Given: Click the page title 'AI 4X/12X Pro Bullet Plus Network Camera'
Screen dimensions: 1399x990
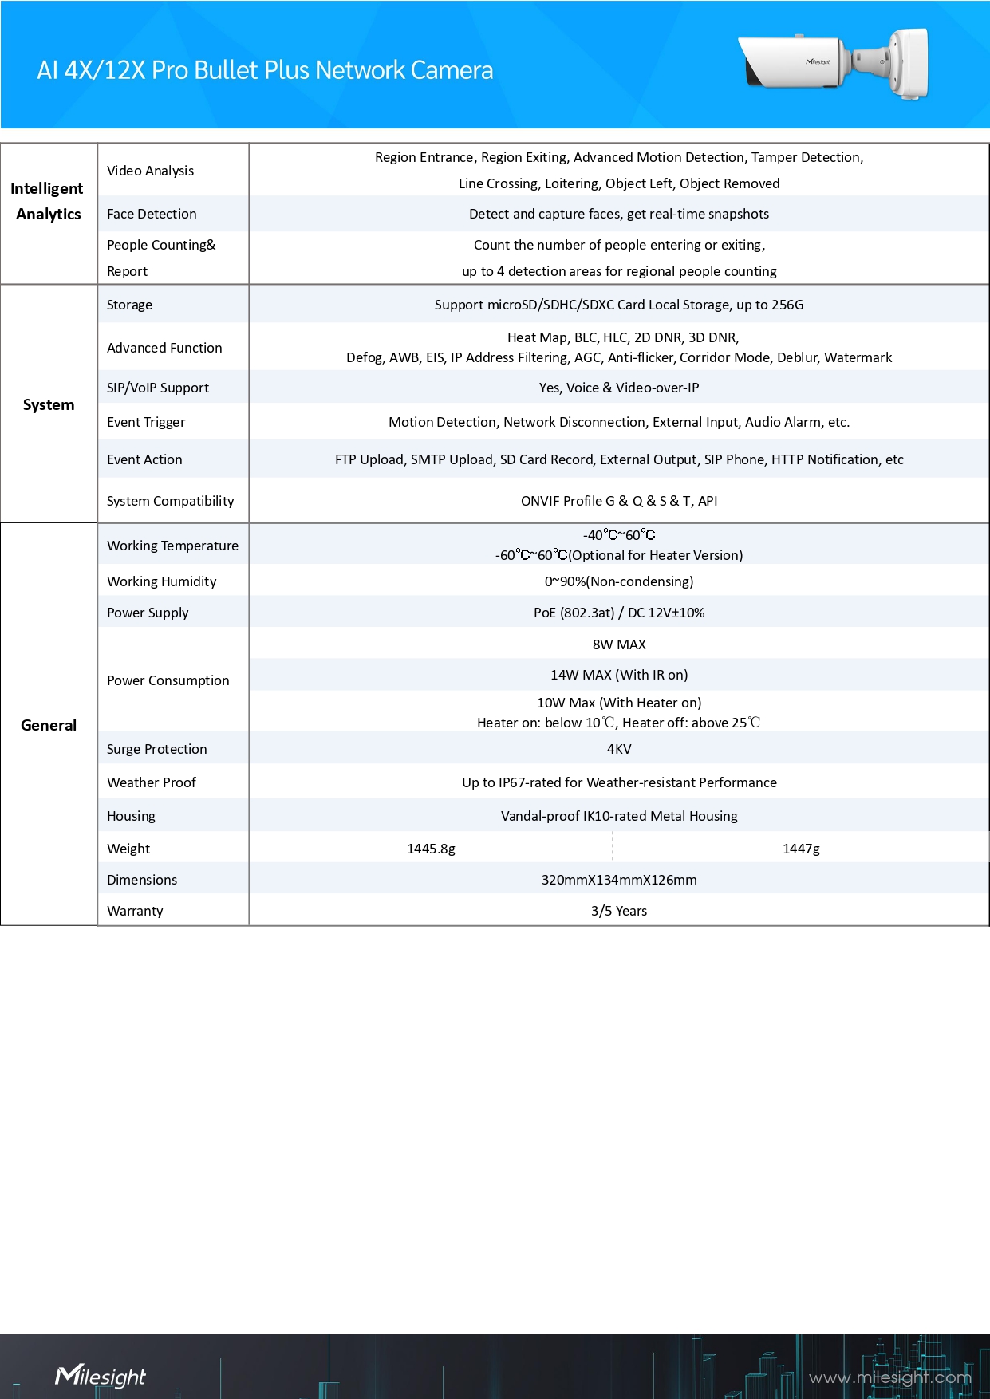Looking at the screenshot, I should pyautogui.click(x=265, y=70).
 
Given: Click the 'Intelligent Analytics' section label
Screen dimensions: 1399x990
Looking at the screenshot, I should pyautogui.click(x=48, y=201).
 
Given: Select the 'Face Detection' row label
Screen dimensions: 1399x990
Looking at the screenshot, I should pyautogui.click(x=152, y=214).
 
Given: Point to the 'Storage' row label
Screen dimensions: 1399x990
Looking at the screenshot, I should pyautogui.click(x=129, y=305).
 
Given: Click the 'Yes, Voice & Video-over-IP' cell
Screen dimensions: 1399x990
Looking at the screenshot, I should pyautogui.click(x=618, y=388).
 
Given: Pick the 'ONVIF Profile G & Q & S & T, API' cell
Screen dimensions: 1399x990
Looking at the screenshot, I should pyautogui.click(x=618, y=501).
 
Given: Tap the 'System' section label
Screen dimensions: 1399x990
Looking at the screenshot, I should pyautogui.click(x=49, y=404).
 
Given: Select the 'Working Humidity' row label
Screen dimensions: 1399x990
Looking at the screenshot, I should pyautogui.click(x=161, y=581).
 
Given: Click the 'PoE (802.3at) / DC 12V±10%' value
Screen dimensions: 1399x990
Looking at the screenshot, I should pyautogui.click(x=618, y=613).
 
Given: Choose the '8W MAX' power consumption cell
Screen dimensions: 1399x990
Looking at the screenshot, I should pyautogui.click(x=618, y=644).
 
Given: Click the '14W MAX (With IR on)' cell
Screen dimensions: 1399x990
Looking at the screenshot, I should pyautogui.click(x=618, y=675).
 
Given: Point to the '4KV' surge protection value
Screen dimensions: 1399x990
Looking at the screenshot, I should pyautogui.click(x=618, y=749).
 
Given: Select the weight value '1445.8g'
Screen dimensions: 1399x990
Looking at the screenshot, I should pyautogui.click(x=431, y=849).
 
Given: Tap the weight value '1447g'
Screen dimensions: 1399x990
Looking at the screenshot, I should pyautogui.click(x=801, y=849).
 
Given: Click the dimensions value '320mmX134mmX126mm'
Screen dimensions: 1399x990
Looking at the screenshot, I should pyautogui.click(x=618, y=880).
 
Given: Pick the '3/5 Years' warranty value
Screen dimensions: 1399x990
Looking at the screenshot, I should pyautogui.click(x=618, y=911).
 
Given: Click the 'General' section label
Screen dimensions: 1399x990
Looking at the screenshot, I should pyautogui.click(x=49, y=725).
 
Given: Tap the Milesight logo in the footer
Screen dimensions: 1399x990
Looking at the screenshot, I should pyautogui.click(x=101, y=1376).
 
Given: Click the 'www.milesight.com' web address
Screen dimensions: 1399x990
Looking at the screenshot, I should pyautogui.click(x=889, y=1377).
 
